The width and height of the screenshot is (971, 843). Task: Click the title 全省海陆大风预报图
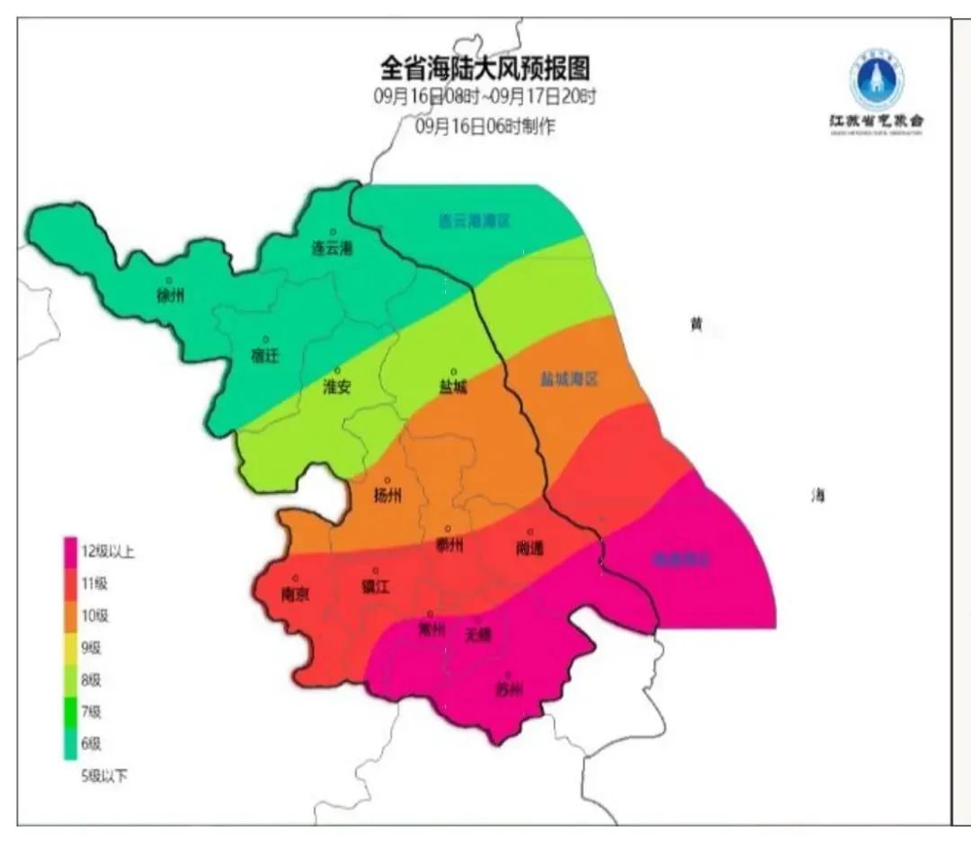[485, 68]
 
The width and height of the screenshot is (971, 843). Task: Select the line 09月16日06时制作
[485, 127]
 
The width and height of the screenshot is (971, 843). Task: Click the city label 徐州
[170, 295]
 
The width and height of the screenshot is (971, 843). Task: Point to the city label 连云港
[332, 247]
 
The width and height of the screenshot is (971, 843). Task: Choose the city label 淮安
[337, 387]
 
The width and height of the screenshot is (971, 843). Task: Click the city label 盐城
[453, 387]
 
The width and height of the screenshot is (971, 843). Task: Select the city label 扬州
[388, 496]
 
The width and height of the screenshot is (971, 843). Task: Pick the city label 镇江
[375, 587]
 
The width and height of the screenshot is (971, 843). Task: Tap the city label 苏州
[508, 690]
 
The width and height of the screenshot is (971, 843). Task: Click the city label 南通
[530, 547]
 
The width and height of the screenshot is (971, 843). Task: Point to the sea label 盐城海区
[569, 380]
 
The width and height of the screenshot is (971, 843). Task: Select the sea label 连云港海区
[474, 220]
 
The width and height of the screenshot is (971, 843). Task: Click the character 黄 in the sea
[695, 324]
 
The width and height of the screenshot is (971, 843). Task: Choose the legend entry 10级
[94, 616]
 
